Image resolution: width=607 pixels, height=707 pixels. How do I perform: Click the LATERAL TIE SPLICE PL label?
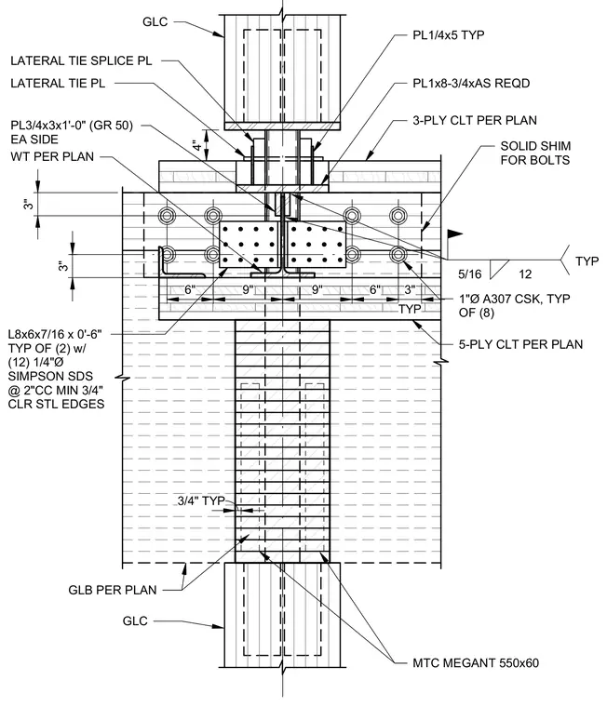[x=81, y=60]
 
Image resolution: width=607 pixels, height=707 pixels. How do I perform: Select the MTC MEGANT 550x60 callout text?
[x=476, y=662]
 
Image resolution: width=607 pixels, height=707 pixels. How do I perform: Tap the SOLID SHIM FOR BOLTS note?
[x=535, y=153]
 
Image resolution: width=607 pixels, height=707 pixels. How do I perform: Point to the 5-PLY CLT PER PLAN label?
[x=520, y=344]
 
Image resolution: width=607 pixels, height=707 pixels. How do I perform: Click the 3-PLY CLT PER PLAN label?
[x=475, y=120]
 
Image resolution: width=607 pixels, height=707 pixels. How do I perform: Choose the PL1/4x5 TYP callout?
[x=449, y=35]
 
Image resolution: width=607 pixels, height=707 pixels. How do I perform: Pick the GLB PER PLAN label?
[x=113, y=590]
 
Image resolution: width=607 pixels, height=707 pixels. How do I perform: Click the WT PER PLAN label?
[x=52, y=157]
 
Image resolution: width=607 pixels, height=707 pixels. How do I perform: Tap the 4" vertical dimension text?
[x=197, y=146]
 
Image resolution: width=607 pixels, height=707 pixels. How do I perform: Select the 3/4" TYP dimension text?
[x=201, y=500]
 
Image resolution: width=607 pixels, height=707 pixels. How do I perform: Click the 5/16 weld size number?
[x=470, y=273]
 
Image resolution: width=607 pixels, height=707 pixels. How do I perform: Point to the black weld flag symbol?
[x=455, y=234]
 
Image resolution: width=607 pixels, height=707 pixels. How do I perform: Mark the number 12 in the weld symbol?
[x=525, y=273]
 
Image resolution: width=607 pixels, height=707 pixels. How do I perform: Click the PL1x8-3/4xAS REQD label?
[x=471, y=84]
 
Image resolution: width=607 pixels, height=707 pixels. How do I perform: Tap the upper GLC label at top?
[x=155, y=21]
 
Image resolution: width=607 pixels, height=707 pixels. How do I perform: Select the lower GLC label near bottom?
[x=135, y=620]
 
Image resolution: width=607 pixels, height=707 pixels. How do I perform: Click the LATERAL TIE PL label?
[x=58, y=84]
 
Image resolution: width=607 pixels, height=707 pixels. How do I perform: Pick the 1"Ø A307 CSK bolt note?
[x=515, y=305]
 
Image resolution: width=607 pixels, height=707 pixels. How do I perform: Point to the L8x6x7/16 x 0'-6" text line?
[x=55, y=335]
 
